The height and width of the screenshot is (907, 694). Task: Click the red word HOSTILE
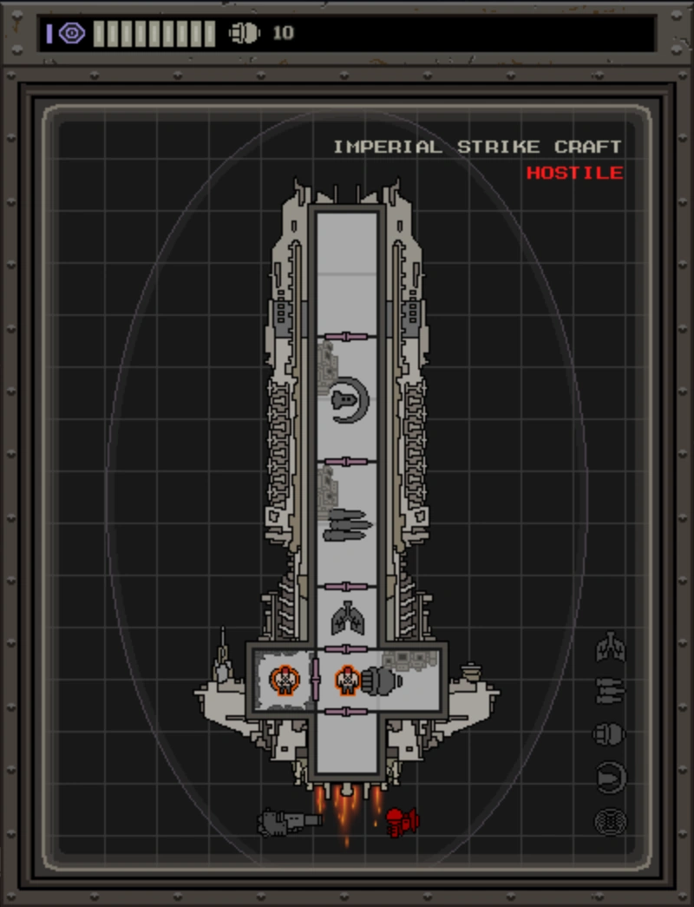pyautogui.click(x=574, y=173)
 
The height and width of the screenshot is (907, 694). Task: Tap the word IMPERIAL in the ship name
pyautogui.click(x=387, y=147)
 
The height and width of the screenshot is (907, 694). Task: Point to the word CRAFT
pyautogui.click(x=588, y=147)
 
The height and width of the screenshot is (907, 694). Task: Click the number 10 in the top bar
pyautogui.click(x=283, y=33)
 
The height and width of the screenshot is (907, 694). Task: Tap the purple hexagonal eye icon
pyautogui.click(x=72, y=33)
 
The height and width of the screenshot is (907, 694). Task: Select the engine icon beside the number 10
pyautogui.click(x=244, y=33)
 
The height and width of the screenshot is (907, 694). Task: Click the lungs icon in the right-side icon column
pyautogui.click(x=611, y=647)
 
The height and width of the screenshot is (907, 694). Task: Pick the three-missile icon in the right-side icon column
pyautogui.click(x=611, y=691)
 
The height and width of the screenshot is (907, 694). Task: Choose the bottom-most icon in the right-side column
pyautogui.click(x=611, y=821)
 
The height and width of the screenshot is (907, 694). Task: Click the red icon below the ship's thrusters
pyautogui.click(x=402, y=820)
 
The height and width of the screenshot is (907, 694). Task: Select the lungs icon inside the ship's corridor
pyautogui.click(x=346, y=618)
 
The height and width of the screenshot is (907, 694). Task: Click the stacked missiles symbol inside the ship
pyautogui.click(x=347, y=525)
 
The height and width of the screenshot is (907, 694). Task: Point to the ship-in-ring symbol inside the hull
pyautogui.click(x=349, y=400)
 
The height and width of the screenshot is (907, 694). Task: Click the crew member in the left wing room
pyautogui.click(x=284, y=680)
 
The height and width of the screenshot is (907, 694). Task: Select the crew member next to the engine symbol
pyautogui.click(x=347, y=680)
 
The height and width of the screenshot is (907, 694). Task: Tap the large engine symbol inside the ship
pyautogui.click(x=382, y=680)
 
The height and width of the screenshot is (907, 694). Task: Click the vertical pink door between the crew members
pyautogui.click(x=315, y=679)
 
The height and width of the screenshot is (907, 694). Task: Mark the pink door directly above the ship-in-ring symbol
pyautogui.click(x=346, y=337)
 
